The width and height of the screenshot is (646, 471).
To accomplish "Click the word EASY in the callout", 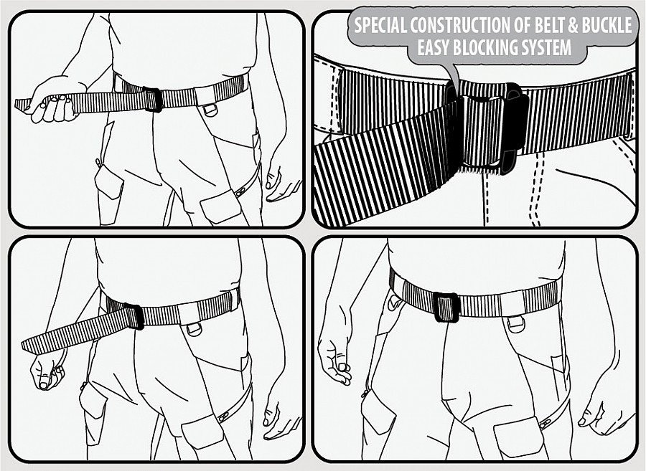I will pyautogui.click(x=438, y=49).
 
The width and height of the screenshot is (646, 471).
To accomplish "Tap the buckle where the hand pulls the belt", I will pyautogui.click(x=152, y=100).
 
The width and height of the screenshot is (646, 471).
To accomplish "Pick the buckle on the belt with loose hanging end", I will pyautogui.click(x=133, y=316).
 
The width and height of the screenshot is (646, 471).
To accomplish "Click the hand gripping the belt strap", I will pyautogui.click(x=55, y=105).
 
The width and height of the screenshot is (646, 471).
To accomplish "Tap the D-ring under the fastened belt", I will pyautogui.click(x=515, y=325).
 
